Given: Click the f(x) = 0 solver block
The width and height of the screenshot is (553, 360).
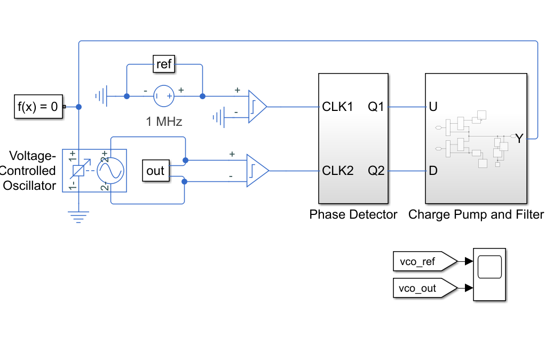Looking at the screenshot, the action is (x=38, y=106).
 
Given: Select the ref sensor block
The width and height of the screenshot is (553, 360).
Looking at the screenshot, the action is (x=164, y=64).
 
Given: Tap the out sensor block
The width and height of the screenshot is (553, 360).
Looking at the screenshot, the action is (x=156, y=171).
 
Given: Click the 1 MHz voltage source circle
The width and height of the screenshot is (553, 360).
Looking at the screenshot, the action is (x=164, y=96).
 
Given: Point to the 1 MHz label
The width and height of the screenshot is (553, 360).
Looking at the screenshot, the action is (x=164, y=122).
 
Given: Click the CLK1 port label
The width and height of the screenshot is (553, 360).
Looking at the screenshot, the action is (x=337, y=107).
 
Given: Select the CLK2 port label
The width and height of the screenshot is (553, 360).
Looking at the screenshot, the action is (x=337, y=171).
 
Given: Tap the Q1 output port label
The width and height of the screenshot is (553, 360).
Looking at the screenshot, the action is (x=376, y=107).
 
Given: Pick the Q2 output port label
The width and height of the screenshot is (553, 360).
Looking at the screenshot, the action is (x=376, y=171).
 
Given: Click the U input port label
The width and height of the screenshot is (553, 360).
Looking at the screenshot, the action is (x=433, y=107).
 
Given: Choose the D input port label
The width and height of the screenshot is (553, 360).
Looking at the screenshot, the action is (x=433, y=171).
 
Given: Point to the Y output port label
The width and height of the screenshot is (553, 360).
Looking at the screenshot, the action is (x=519, y=139).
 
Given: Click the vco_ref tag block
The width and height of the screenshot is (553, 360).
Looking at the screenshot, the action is (x=425, y=261).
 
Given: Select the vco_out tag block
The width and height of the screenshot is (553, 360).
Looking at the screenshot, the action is (x=425, y=288).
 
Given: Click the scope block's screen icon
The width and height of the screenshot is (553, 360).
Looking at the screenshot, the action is (x=489, y=267).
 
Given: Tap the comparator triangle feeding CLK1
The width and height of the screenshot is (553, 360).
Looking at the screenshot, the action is (x=257, y=107).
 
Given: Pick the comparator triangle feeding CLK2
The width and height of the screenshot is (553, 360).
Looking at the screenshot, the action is (x=257, y=171).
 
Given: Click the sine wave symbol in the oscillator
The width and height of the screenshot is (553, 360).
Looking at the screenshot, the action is (x=110, y=171).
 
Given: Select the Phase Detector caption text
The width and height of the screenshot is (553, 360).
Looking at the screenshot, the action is (x=353, y=214).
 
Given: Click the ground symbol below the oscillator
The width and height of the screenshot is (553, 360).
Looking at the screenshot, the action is (x=78, y=217).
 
